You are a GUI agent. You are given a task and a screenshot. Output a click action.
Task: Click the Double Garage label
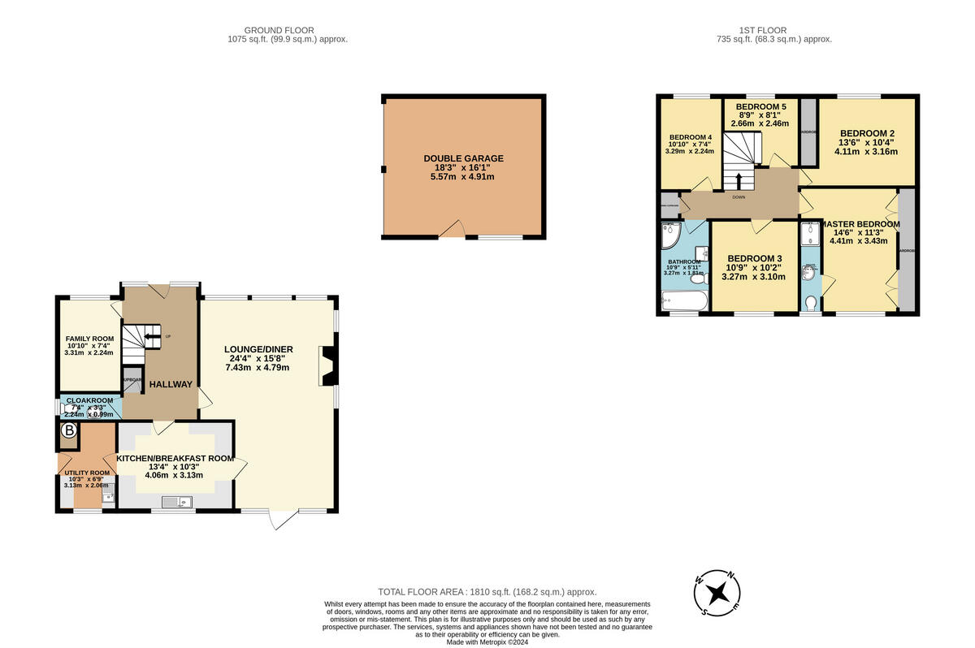[x=463, y=158]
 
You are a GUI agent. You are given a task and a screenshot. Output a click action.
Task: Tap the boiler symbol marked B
[x=69, y=432]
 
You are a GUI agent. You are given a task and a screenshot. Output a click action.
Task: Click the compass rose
[x=717, y=593]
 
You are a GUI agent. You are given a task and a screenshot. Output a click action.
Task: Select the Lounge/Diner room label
[x=258, y=349]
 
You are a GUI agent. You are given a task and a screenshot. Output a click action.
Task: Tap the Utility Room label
[x=87, y=473]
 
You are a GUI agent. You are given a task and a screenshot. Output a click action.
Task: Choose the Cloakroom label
[x=89, y=400]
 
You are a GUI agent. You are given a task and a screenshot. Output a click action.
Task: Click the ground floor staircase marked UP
[x=142, y=338]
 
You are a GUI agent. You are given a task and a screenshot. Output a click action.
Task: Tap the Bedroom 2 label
[x=867, y=133]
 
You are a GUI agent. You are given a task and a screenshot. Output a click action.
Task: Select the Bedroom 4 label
[x=691, y=137]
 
